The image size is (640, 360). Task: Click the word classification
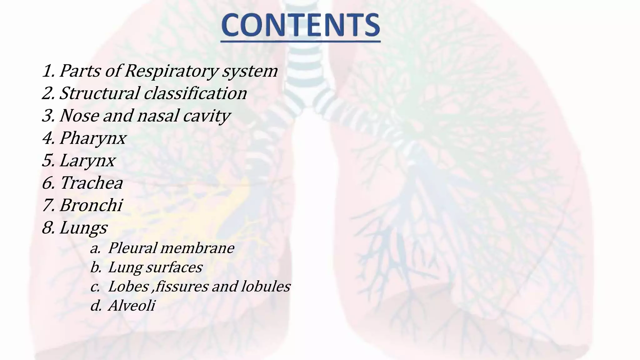coord(195,93)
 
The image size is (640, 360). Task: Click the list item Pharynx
coord(93,138)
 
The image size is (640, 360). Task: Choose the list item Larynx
coord(87,161)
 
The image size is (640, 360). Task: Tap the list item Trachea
coord(91,183)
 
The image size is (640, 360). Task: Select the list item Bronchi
coord(91,205)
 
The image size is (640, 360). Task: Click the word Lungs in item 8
coord(83,228)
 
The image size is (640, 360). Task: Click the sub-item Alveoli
coord(132,306)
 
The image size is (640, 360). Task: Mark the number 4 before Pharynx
coord(47,138)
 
